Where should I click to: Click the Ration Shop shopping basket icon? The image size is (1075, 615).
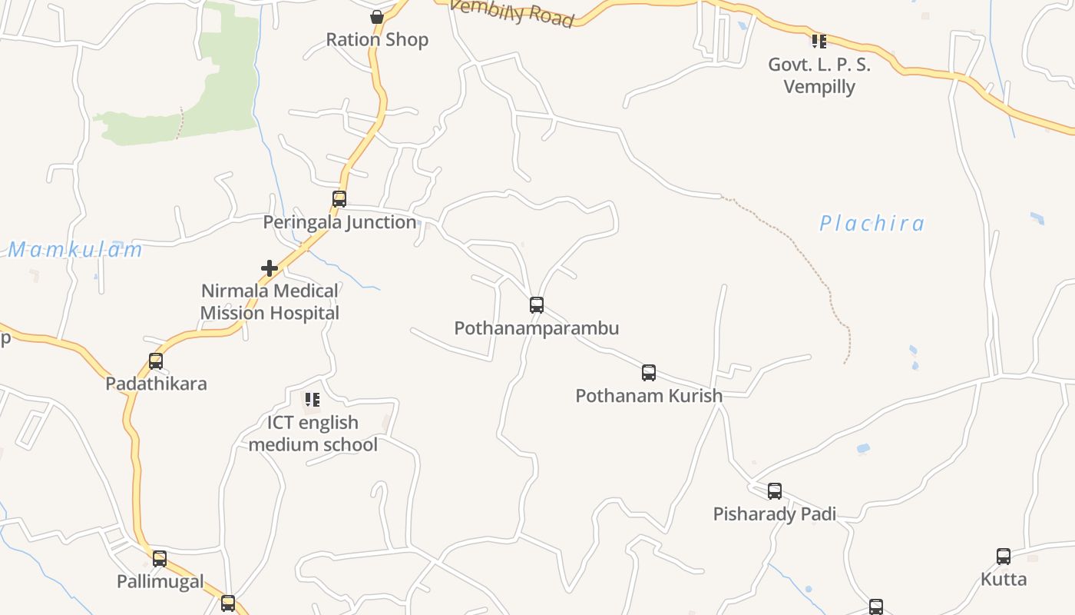click(377, 17)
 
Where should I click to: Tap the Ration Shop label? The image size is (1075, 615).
click(377, 40)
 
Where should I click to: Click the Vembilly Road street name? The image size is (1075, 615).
click(512, 12)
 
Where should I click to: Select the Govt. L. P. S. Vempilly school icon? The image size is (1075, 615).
click(819, 41)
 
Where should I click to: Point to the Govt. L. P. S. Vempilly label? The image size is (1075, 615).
click(819, 75)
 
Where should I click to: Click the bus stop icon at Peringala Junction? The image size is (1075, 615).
click(339, 199)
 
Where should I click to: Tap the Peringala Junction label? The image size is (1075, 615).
click(339, 222)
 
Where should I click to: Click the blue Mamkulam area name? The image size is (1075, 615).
click(75, 250)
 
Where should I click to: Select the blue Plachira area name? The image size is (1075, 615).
click(872, 224)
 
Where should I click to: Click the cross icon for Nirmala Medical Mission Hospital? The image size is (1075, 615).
click(270, 268)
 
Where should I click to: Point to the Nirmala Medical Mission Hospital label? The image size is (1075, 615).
click(270, 302)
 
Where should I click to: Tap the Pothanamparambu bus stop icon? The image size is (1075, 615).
click(537, 305)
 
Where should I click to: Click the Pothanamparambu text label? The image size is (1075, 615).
click(537, 328)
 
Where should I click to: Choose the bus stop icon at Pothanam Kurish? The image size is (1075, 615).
click(649, 373)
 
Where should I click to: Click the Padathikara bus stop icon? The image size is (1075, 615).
click(156, 361)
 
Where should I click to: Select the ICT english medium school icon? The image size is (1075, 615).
click(312, 400)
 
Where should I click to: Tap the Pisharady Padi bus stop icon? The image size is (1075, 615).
click(775, 490)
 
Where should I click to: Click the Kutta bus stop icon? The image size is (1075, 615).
click(1004, 557)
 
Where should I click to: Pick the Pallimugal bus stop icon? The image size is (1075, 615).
click(160, 559)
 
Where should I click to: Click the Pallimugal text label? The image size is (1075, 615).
click(160, 582)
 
